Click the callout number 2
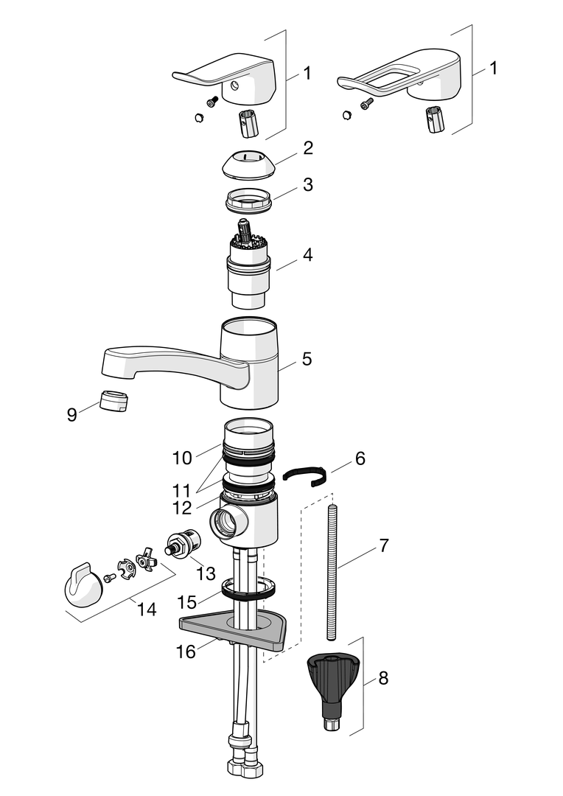tap(308, 148)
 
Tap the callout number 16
tap(186, 652)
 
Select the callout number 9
tap(72, 415)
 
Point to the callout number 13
tap(206, 573)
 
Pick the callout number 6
tap(360, 458)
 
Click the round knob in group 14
tap(83, 585)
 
